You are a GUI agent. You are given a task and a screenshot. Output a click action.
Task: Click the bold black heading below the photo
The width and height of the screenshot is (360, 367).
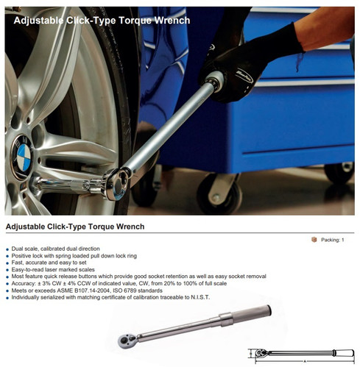pyautogui.click(x=74, y=227)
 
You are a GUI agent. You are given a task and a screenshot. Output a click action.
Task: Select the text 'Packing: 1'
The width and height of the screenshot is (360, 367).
pyautogui.click(x=331, y=240)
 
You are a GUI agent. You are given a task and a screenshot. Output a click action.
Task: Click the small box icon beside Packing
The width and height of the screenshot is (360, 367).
pyautogui.click(x=314, y=240)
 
